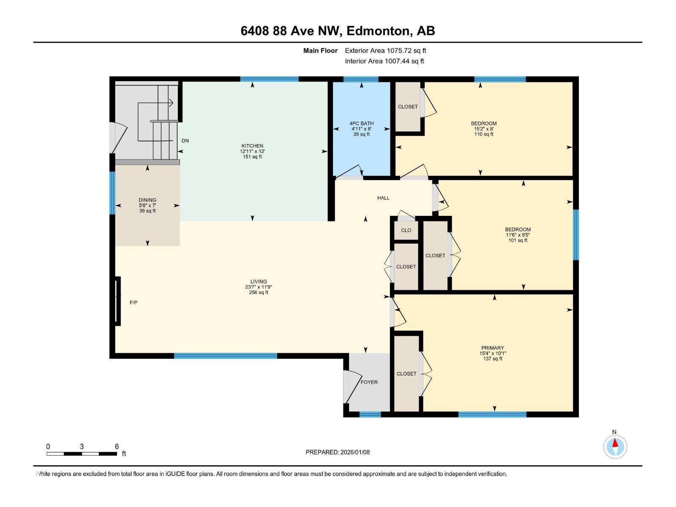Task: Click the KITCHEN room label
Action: [x=252, y=146]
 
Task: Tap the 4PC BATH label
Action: [x=361, y=123]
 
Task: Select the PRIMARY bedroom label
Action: [x=492, y=348]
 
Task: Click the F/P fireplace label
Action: [x=134, y=303]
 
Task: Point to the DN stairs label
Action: [x=185, y=141]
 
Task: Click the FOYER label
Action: [x=369, y=382]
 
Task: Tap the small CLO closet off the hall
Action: [x=406, y=230]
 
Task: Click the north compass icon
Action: [x=615, y=447]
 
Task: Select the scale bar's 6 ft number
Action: [x=117, y=447]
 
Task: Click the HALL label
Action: [x=383, y=198]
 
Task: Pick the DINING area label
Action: [x=147, y=200]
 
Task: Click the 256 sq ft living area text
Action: [x=259, y=292]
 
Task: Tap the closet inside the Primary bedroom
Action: [x=406, y=373]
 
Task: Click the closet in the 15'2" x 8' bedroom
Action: [x=408, y=106]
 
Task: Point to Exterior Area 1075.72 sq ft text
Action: [x=385, y=51]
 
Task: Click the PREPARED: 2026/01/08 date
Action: [x=338, y=452]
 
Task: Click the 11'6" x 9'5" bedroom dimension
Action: [x=518, y=235]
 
